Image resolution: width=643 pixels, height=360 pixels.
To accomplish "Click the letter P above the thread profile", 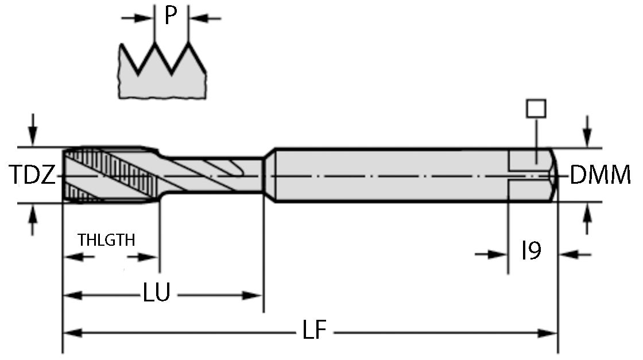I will pyautogui.click(x=171, y=16).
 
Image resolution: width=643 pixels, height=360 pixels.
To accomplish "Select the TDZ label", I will pyautogui.click(x=32, y=175).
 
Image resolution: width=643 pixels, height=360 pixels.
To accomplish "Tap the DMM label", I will pyautogui.click(x=600, y=175).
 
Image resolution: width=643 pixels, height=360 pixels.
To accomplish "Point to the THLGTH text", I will pyautogui.click(x=107, y=240).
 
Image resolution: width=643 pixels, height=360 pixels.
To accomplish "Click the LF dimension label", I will pyautogui.click(x=314, y=331).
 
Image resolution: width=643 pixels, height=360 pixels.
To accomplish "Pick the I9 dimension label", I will pyautogui.click(x=531, y=251).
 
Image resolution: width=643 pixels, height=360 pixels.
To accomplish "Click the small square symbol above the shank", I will pyautogui.click(x=536, y=108).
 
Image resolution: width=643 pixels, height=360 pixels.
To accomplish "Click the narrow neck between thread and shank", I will pyautogui.click(x=212, y=174).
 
